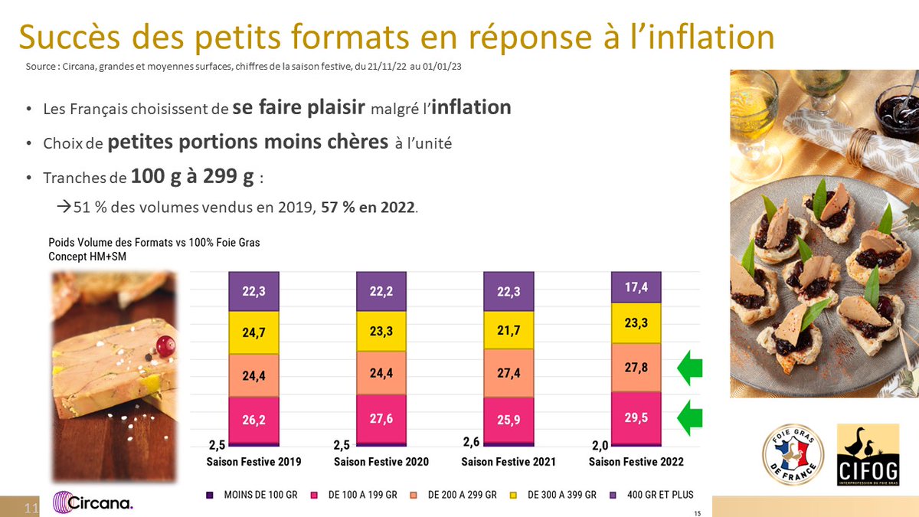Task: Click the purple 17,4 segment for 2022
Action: tap(636, 287)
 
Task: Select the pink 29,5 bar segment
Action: tap(636, 418)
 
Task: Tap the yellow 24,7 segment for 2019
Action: tap(253, 332)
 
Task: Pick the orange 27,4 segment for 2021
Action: tap(509, 372)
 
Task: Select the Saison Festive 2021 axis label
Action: tap(509, 462)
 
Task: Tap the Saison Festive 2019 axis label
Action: tap(253, 462)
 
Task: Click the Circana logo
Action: tap(93, 503)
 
